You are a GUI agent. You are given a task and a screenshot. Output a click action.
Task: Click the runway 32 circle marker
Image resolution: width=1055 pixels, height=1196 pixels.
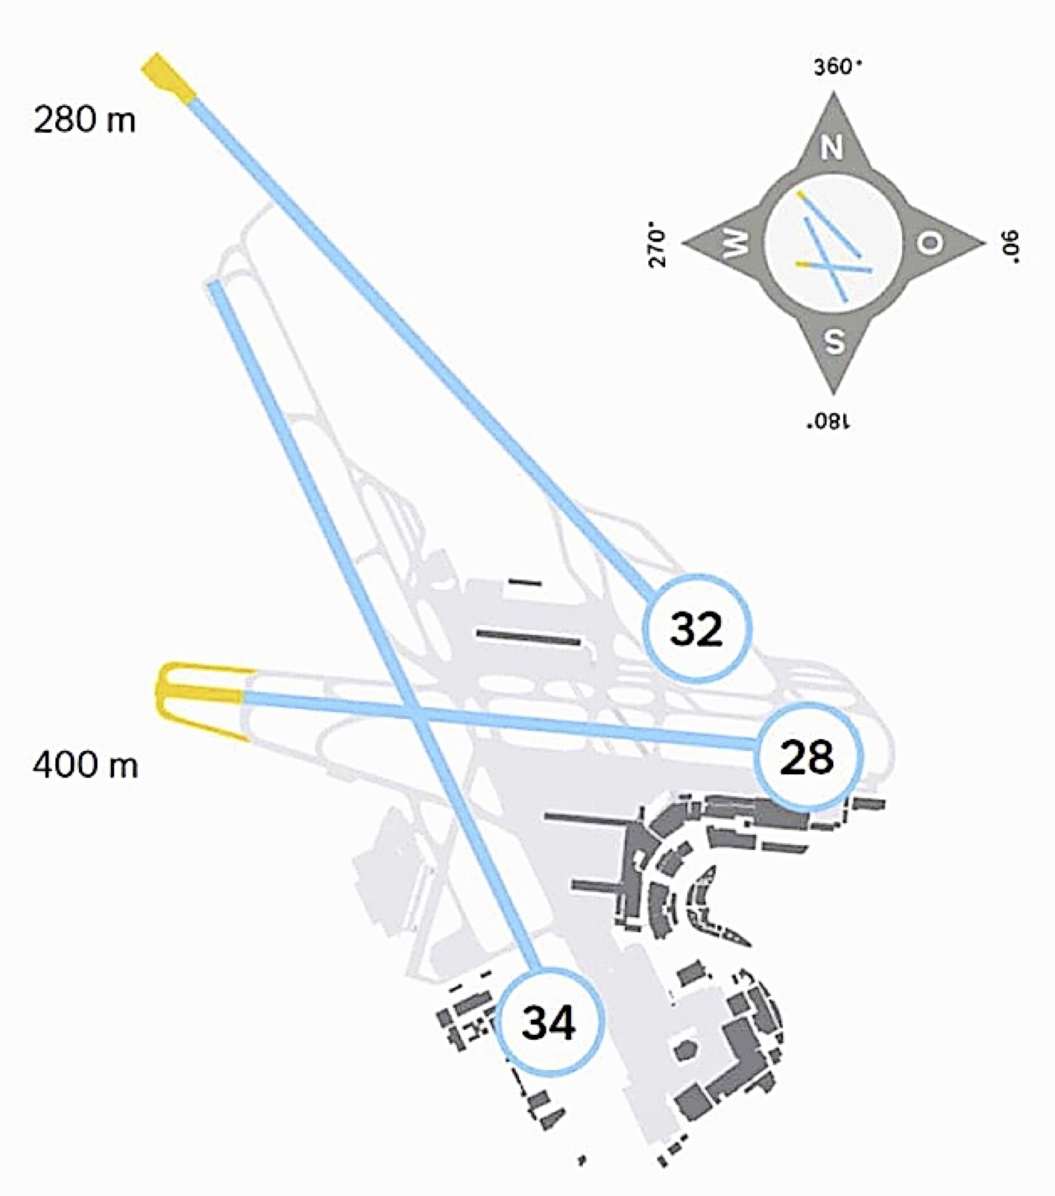click(x=697, y=628)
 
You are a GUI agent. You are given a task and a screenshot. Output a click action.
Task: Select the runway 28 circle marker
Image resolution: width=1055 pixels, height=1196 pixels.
click(x=807, y=757)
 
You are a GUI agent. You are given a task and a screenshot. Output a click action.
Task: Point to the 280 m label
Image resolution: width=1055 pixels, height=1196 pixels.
click(x=84, y=120)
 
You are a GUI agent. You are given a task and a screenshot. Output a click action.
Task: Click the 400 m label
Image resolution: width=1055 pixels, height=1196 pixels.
click(x=85, y=765)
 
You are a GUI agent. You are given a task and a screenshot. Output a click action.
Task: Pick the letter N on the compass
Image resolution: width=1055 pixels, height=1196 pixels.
click(x=833, y=148)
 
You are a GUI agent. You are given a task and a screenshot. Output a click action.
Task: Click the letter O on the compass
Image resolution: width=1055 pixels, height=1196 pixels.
click(x=931, y=242)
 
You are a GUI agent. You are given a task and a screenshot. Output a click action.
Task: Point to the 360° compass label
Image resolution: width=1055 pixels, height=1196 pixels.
click(x=838, y=67)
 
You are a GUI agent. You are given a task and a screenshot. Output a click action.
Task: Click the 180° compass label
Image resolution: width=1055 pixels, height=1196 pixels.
click(x=828, y=422)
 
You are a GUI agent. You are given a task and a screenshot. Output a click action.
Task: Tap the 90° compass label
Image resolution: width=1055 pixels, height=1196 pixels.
click(x=1010, y=245)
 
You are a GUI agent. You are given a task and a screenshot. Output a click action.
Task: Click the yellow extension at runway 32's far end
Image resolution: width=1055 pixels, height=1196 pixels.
click(x=169, y=78)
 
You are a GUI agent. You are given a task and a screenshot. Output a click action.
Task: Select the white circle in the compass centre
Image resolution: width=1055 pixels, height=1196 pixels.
click(x=833, y=244)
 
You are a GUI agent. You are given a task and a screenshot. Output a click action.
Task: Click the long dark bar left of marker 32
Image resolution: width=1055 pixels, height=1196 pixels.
click(x=529, y=638)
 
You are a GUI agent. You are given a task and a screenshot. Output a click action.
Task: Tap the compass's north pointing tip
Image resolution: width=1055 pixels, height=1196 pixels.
click(x=833, y=91)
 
